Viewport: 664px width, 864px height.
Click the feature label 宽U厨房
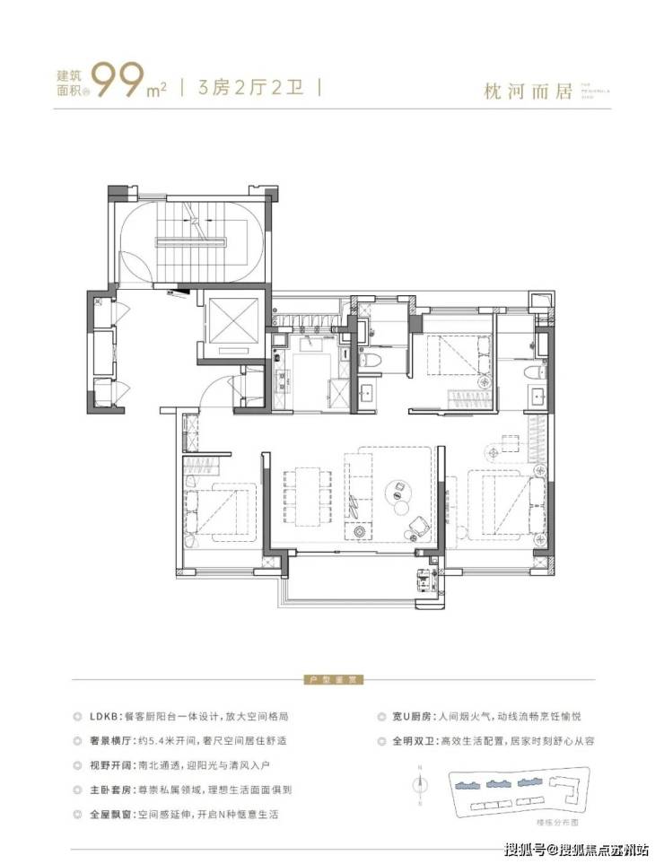click(x=408, y=718)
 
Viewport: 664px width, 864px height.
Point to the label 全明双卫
click(x=408, y=742)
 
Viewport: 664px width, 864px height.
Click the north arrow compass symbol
click(x=420, y=783)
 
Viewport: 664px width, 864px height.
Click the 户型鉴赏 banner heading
click(x=329, y=681)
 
